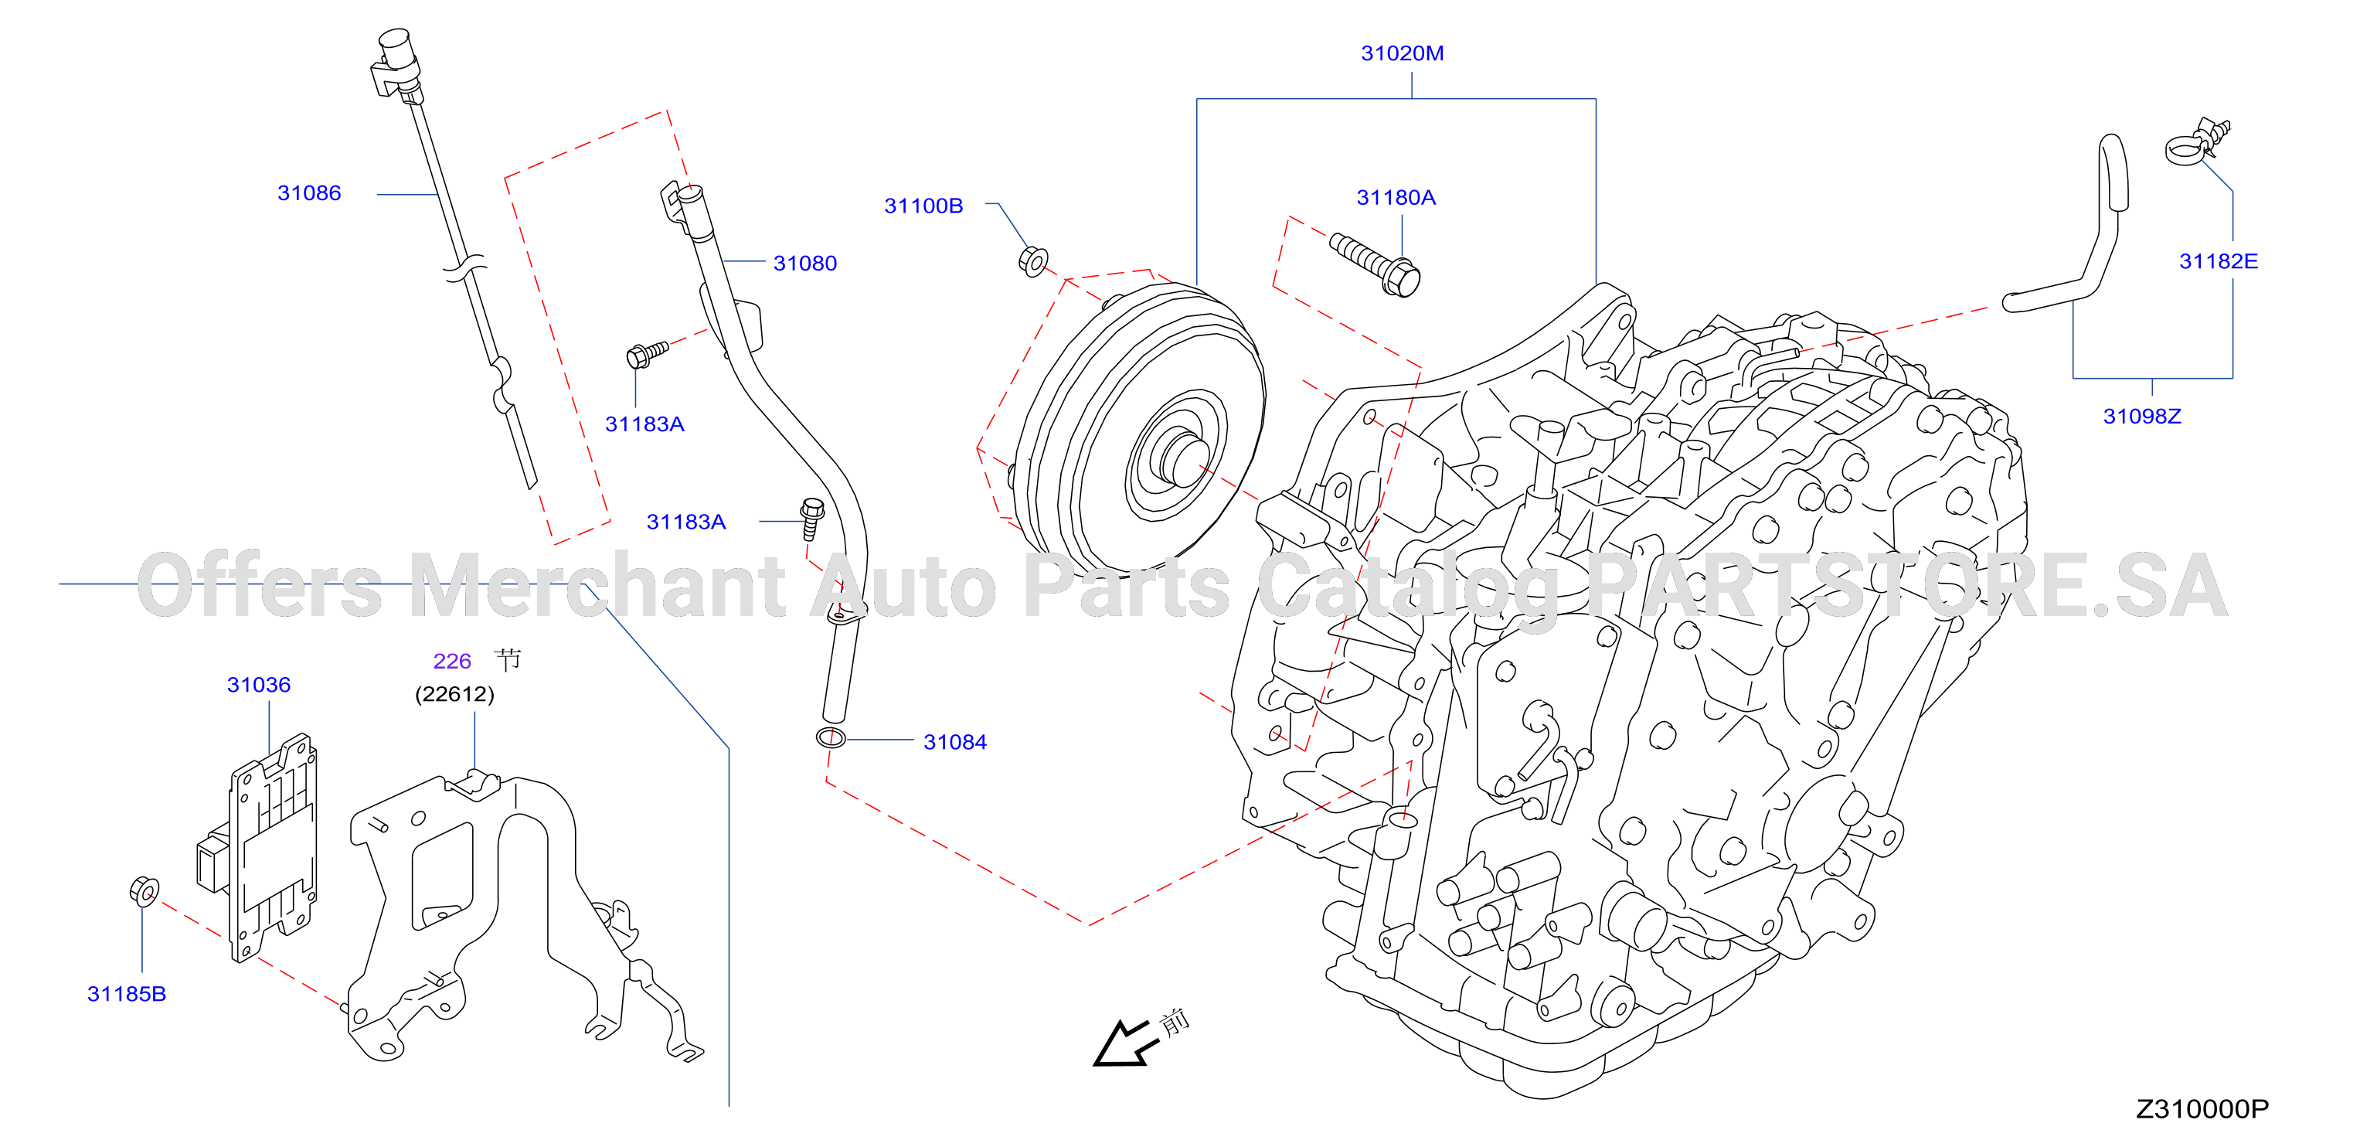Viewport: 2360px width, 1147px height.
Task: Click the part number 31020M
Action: pos(1402,53)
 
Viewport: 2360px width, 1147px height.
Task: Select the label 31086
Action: pos(309,193)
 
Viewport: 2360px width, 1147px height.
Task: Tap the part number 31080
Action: pos(804,264)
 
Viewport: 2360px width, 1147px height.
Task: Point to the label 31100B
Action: pos(923,206)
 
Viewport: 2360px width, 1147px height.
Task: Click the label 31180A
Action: pos(1396,198)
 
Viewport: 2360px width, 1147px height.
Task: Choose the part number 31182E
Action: pos(2218,262)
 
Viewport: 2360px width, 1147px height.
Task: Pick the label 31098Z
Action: pos(2142,417)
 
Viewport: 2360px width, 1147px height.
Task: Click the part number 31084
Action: pos(954,742)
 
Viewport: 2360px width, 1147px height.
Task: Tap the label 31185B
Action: pos(127,994)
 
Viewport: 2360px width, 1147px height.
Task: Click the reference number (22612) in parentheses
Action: pos(454,694)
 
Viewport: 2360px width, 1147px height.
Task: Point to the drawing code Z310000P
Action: pos(2202,1109)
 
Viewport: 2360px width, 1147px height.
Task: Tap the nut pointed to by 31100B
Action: pos(1033,261)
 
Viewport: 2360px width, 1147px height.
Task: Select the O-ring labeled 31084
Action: pos(831,737)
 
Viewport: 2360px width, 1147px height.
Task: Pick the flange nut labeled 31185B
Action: pos(144,891)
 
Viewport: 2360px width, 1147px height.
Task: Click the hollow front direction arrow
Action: pos(1122,1044)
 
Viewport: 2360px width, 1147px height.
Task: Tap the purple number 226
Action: pos(451,662)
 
